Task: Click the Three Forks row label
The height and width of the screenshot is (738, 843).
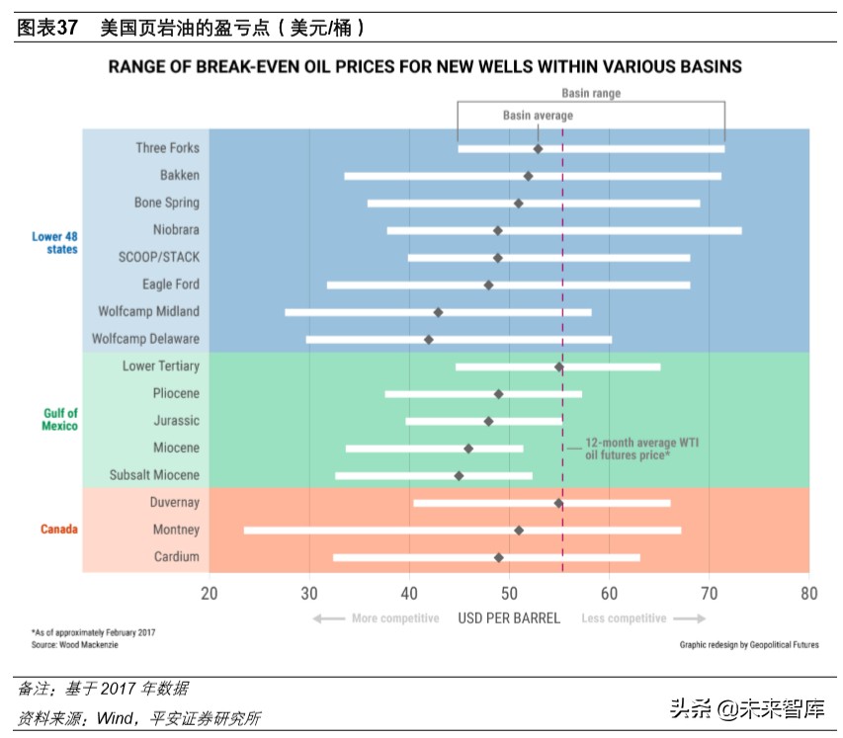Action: tap(167, 148)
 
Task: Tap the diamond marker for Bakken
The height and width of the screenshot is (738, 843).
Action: tap(528, 176)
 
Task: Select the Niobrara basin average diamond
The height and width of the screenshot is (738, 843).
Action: tap(498, 230)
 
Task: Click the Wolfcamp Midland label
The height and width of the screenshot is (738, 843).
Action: tap(148, 311)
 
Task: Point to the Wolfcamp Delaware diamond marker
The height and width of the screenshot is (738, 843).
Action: tap(428, 340)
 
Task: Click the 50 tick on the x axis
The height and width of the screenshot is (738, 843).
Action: tap(509, 594)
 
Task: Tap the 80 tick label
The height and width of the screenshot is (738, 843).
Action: tap(808, 594)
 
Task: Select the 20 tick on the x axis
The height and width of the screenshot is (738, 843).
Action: tap(210, 594)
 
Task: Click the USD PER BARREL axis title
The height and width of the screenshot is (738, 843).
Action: tap(509, 618)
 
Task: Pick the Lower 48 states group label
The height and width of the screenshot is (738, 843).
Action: tap(54, 243)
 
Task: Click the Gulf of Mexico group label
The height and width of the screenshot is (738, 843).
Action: tap(60, 420)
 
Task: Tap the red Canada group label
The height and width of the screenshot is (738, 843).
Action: tap(59, 530)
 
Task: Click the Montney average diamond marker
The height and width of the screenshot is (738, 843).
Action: tap(519, 531)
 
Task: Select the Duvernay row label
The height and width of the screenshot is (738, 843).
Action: tap(174, 503)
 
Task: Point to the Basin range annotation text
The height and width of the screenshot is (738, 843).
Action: tap(591, 94)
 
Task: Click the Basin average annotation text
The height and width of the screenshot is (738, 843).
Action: tap(538, 116)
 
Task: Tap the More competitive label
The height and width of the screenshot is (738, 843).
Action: tap(394, 618)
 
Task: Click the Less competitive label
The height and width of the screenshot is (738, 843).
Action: tap(624, 618)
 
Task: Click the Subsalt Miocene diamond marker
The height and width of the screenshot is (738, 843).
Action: tap(459, 476)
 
